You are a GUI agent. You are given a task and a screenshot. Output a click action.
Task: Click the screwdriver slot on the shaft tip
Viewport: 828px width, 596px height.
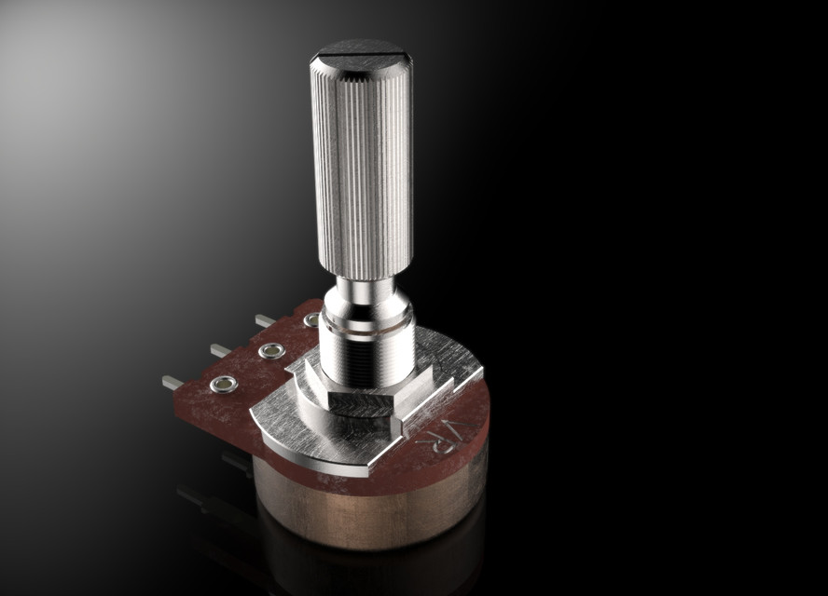coord(361,60)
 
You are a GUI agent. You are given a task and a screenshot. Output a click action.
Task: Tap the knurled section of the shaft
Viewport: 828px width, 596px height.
coord(362,168)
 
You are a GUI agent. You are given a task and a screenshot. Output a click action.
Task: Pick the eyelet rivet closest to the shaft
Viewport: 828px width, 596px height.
coord(311,320)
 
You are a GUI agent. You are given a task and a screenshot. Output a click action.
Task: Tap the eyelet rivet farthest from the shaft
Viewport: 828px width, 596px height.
coord(223,385)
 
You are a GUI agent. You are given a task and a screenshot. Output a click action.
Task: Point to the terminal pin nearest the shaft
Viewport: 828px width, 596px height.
coord(265,320)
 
